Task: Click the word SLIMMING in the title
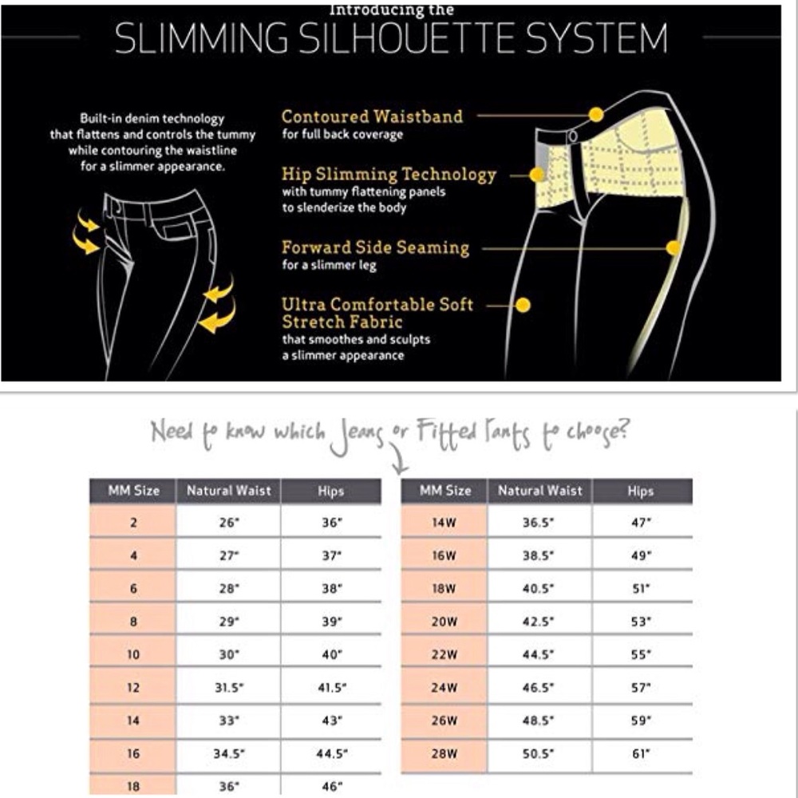click(201, 38)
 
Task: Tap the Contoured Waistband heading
click(372, 117)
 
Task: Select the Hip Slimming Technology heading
click(389, 174)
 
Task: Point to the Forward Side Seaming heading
click(376, 247)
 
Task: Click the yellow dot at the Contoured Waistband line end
click(596, 114)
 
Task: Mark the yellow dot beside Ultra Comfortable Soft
click(523, 305)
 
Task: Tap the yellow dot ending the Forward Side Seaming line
click(674, 248)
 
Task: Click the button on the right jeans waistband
click(573, 136)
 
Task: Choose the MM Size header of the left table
click(133, 491)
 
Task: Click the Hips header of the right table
click(640, 491)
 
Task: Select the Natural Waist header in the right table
click(540, 491)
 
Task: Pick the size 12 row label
click(132, 688)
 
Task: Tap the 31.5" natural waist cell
click(229, 687)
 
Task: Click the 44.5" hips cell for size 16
click(332, 753)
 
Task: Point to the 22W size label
click(444, 654)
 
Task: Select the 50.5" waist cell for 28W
click(538, 753)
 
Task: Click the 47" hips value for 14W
click(642, 523)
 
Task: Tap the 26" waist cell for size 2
click(229, 523)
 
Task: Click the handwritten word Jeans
click(356, 436)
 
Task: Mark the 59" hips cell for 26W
click(642, 721)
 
